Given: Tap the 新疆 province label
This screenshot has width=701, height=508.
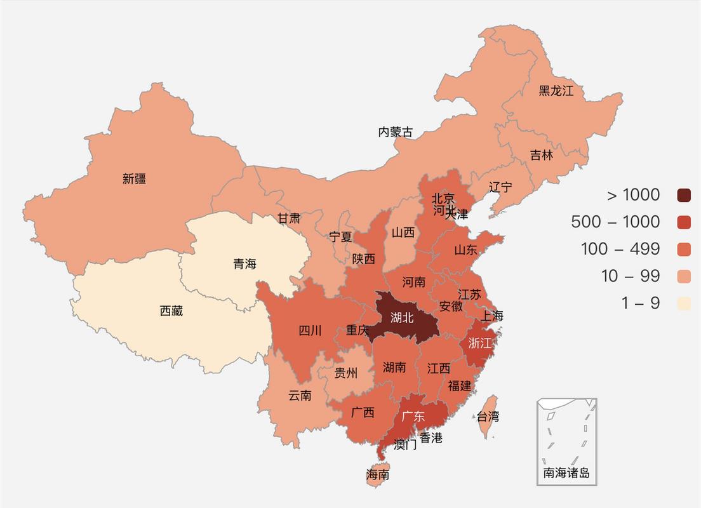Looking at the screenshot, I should (135, 179).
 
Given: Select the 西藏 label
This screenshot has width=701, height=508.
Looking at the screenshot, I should (171, 311).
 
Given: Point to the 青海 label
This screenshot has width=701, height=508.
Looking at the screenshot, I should (244, 264).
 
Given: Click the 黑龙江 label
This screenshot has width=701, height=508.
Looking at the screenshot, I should (556, 91).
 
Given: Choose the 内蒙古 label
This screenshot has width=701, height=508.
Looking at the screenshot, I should (395, 132).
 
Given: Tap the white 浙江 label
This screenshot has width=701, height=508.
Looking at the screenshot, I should (480, 343).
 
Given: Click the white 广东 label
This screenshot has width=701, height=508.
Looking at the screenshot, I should (413, 417).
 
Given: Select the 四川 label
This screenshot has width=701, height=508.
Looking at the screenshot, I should (310, 330).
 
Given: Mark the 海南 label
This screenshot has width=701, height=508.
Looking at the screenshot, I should (378, 474).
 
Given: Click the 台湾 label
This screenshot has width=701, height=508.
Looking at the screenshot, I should (488, 417).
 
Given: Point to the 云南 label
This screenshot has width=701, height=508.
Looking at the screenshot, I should (300, 396).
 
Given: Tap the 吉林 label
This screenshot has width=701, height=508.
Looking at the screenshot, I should (542, 155).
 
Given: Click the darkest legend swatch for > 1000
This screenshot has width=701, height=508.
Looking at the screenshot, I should (683, 195).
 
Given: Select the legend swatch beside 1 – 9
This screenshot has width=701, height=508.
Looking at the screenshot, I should (683, 304).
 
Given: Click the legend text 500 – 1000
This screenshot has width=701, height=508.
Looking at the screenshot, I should (615, 222).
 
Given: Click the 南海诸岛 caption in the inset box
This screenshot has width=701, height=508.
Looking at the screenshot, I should (566, 473).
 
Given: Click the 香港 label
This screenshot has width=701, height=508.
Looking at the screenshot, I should (431, 438).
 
